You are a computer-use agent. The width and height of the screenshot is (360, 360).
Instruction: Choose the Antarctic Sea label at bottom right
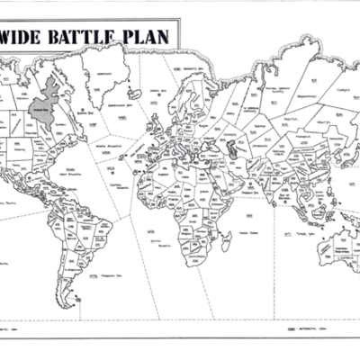pos(297,330)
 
